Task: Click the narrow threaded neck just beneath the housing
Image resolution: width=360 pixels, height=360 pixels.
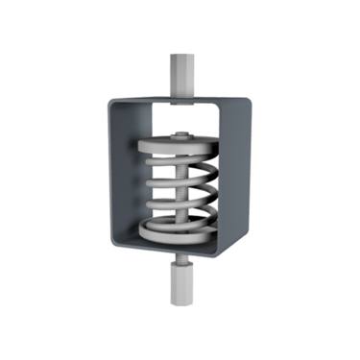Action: coord(180,258)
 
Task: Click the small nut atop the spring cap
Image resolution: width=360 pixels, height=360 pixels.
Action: coord(180,134)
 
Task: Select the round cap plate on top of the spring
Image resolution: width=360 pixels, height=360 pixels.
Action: coord(180,145)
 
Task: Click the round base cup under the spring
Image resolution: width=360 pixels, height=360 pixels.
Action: coord(180,230)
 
